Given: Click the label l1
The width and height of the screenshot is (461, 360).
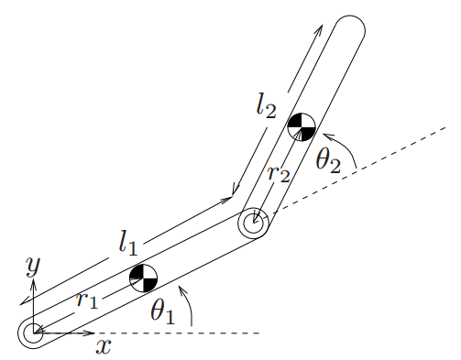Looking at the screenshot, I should tap(127, 243).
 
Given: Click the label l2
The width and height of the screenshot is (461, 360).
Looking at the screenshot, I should tap(266, 109).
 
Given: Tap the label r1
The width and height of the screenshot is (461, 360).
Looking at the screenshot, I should tap(88, 300).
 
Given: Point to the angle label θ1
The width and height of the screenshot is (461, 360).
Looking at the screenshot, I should tap(162, 311).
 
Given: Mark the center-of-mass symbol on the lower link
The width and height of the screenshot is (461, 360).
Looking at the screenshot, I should tap(143, 277).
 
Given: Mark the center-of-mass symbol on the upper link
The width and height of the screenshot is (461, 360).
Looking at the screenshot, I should tap(301, 125).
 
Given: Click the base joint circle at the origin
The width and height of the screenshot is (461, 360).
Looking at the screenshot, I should tap(32, 332).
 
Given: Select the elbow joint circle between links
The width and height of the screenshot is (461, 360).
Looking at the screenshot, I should tap(253, 222).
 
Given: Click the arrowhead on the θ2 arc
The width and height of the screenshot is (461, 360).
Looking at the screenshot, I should tap(327, 136).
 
